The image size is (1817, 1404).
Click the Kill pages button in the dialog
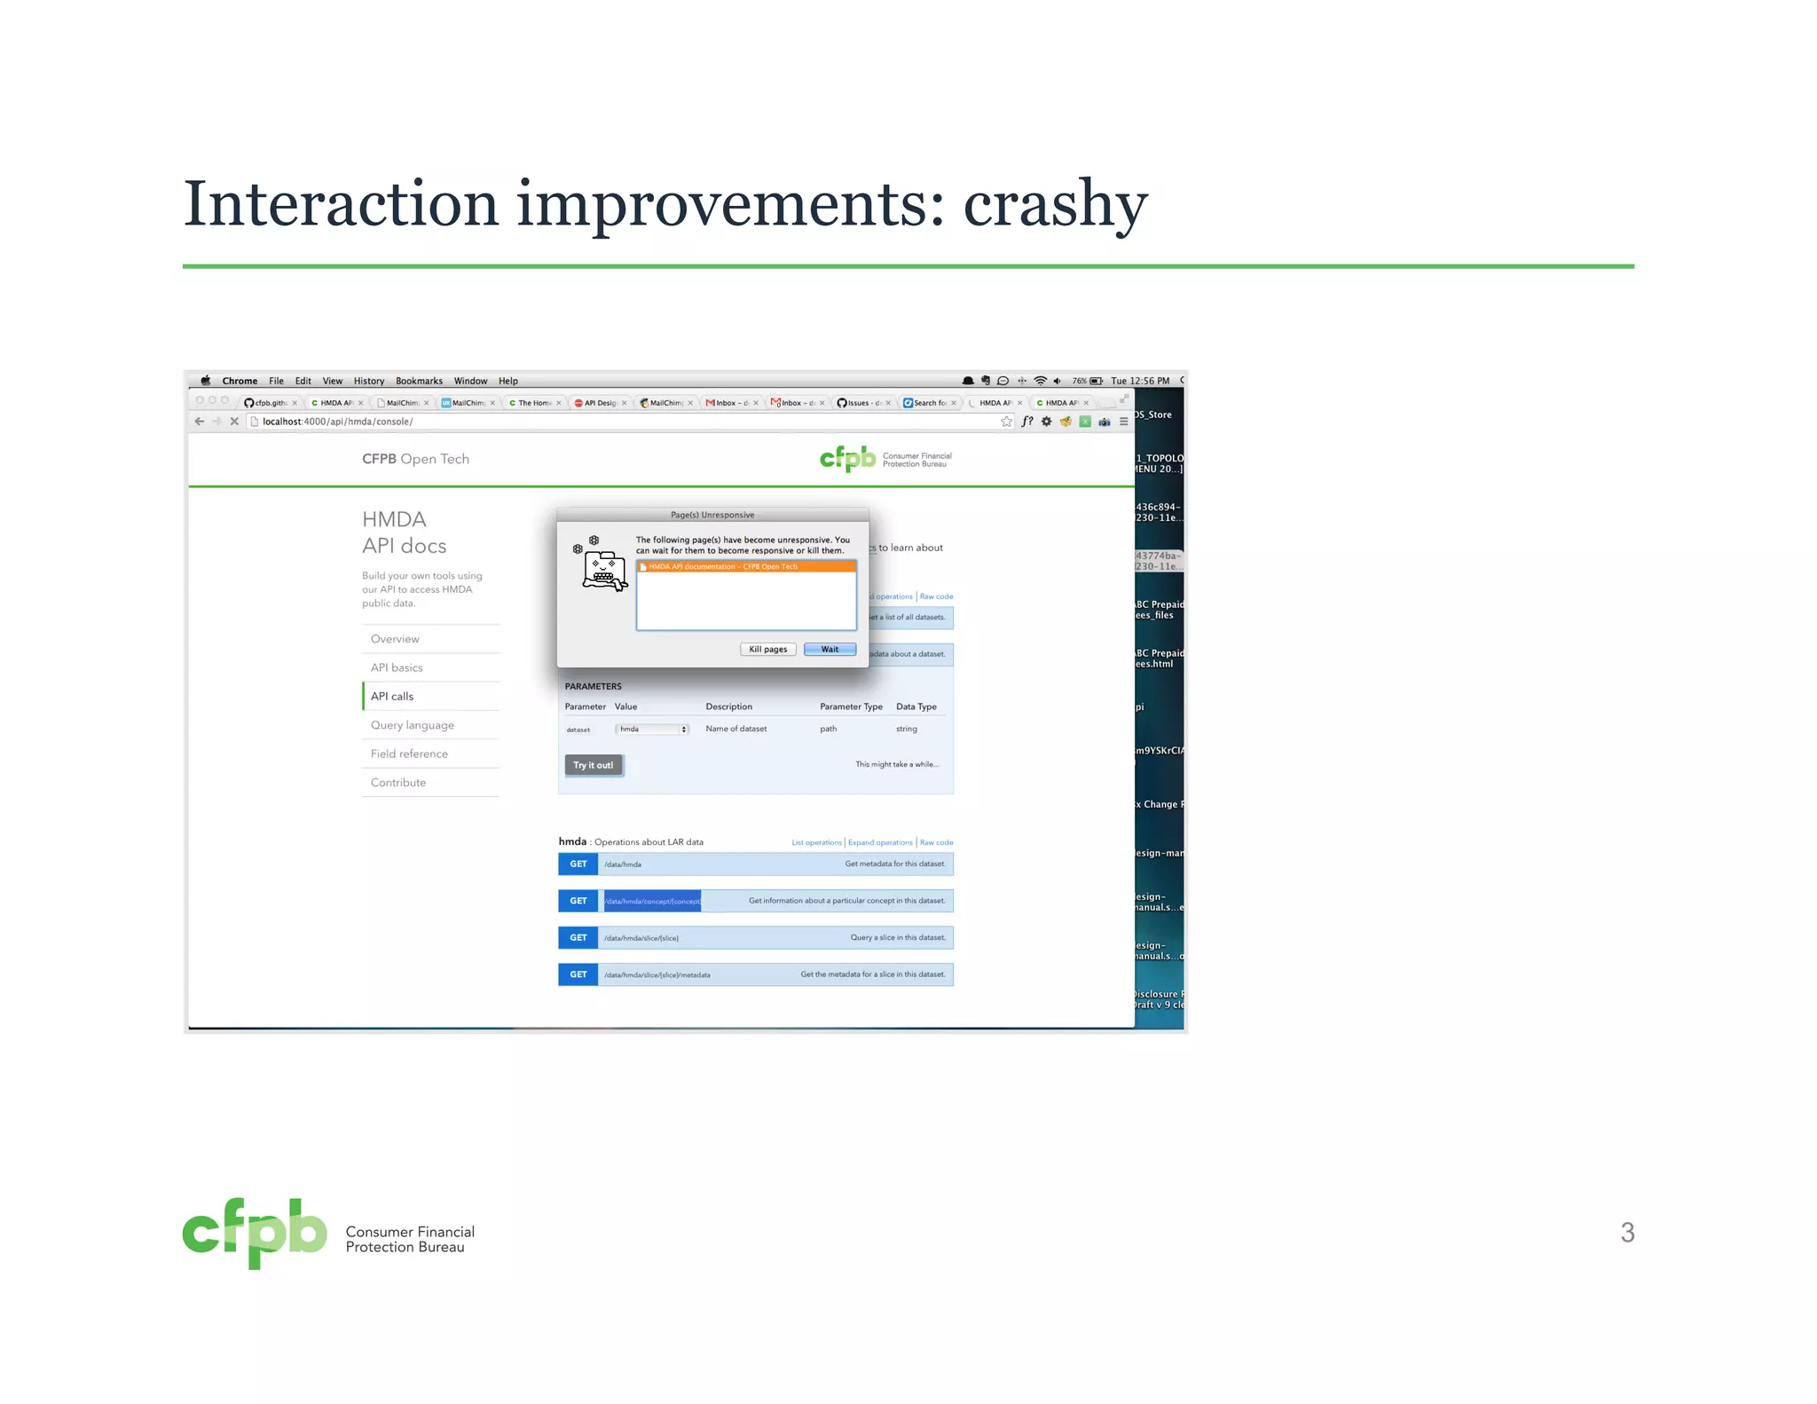click(x=767, y=649)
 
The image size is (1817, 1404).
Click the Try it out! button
click(x=593, y=765)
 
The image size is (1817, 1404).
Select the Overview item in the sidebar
click(x=395, y=639)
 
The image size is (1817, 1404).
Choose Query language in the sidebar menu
click(x=412, y=725)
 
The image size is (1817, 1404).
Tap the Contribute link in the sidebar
click(x=397, y=783)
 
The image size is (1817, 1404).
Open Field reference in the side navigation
click(x=409, y=753)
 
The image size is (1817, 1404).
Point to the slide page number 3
click(x=1627, y=1233)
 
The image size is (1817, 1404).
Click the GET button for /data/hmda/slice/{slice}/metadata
click(x=578, y=974)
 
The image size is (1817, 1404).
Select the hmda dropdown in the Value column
click(x=652, y=730)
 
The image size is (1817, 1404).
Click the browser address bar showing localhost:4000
click(x=621, y=422)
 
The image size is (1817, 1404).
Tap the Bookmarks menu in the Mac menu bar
click(x=419, y=381)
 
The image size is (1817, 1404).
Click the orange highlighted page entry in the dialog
click(x=745, y=566)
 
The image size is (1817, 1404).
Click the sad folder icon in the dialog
click(x=603, y=570)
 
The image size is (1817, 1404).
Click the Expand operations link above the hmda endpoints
click(x=879, y=842)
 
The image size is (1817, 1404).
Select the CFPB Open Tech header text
click(x=415, y=459)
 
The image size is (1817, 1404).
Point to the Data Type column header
click(x=916, y=707)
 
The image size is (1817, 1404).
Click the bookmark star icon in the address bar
click(x=1006, y=422)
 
